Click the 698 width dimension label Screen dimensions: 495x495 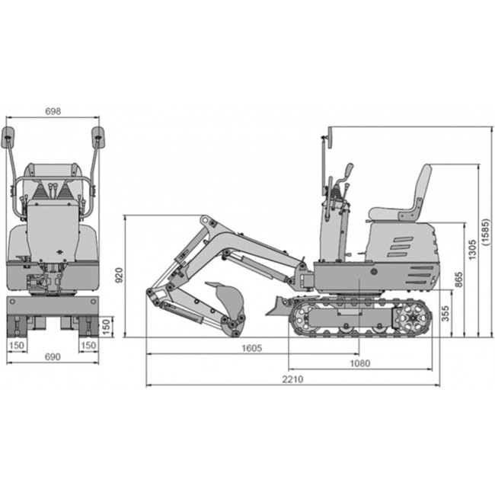point(53,111)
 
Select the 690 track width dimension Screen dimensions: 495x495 point(53,356)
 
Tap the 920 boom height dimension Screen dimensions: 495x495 point(120,275)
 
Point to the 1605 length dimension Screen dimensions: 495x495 point(251,348)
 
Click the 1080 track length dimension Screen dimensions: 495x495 point(360,363)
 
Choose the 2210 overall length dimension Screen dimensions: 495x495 point(292,378)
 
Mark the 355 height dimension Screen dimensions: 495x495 point(445,314)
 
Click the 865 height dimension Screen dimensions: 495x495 point(459,279)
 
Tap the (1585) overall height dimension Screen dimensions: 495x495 point(486,232)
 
